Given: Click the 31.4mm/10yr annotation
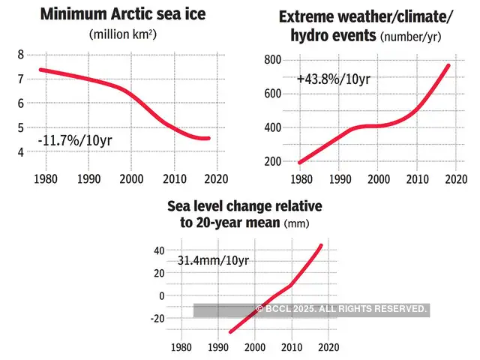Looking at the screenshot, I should [x=213, y=260].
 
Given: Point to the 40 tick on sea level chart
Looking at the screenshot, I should [x=158, y=250].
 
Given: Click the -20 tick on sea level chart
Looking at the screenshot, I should [x=157, y=318].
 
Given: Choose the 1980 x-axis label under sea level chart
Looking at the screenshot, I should [x=181, y=348].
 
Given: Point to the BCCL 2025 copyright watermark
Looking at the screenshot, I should [x=342, y=309].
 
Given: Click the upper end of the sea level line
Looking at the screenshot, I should [x=322, y=245].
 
